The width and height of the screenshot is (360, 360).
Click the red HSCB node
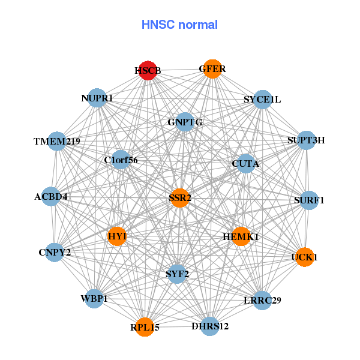[148, 70]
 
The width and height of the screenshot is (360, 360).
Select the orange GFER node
[212, 69]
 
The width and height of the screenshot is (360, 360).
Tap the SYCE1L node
[262, 99]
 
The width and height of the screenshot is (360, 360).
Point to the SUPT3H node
[307, 140]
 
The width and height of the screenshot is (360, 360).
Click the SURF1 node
[308, 200]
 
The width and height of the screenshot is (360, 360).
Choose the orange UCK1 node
[304, 257]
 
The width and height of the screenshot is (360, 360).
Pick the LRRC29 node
[262, 299]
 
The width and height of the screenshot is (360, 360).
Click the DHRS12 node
[210, 326]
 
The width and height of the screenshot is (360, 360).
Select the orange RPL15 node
[145, 327]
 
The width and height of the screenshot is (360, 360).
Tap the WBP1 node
[94, 298]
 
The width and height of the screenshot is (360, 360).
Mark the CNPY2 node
[55, 251]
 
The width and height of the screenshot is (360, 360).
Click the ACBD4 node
[51, 196]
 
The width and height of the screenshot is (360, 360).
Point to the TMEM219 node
[57, 142]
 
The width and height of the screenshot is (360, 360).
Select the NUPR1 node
[97, 97]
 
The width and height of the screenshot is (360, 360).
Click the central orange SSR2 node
[180, 197]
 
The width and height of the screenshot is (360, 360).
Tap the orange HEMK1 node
[241, 236]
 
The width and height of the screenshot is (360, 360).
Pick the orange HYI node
[118, 236]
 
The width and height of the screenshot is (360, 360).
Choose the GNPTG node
[185, 122]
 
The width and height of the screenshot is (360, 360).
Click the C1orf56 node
[121, 160]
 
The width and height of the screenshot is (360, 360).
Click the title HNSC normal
[179, 25]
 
